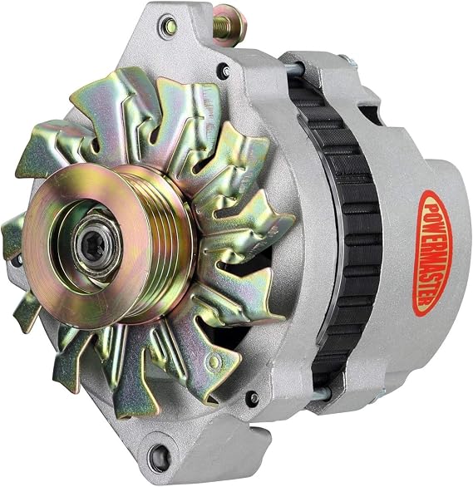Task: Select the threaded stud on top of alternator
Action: point(223,26)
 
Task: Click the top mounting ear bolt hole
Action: point(170,27)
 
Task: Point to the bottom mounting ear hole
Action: point(160,458)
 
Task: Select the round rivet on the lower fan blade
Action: point(214,362)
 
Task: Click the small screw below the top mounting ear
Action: point(227,71)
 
